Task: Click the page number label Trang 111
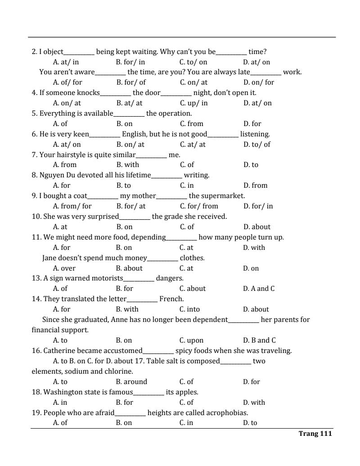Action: click(315, 434)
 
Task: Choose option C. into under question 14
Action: click(189, 309)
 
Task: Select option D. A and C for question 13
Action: click(259, 289)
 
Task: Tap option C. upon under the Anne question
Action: click(191, 340)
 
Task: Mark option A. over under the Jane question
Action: click(64, 268)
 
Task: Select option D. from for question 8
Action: click(255, 185)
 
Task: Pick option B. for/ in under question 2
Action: click(130, 62)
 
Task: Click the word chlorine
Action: click(118, 371)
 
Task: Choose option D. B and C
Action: click(259, 340)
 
